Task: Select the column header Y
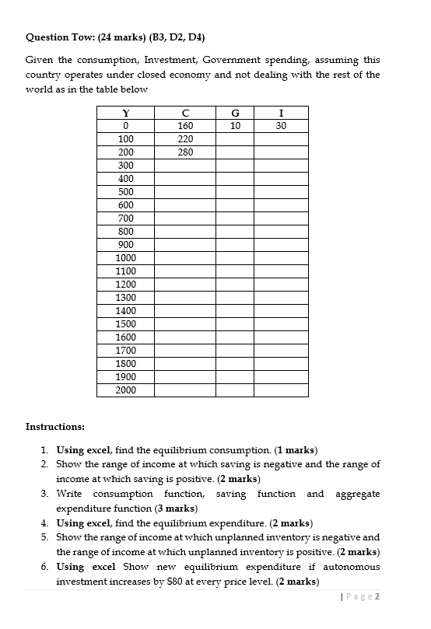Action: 125,113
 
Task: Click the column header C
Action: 185,113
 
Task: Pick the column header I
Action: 281,113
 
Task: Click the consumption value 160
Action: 185,126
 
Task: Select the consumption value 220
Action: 185,139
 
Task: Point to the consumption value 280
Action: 185,152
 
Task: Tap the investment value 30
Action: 281,126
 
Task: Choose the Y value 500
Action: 125,192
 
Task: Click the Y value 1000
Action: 125,258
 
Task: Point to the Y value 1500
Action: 125,324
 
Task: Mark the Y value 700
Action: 125,218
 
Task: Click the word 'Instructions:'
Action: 55,427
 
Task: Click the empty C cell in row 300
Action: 185,166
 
